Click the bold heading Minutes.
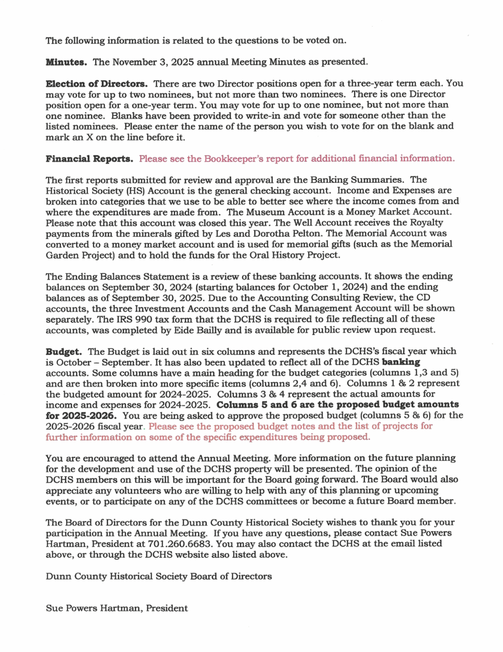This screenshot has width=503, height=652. [67, 62]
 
